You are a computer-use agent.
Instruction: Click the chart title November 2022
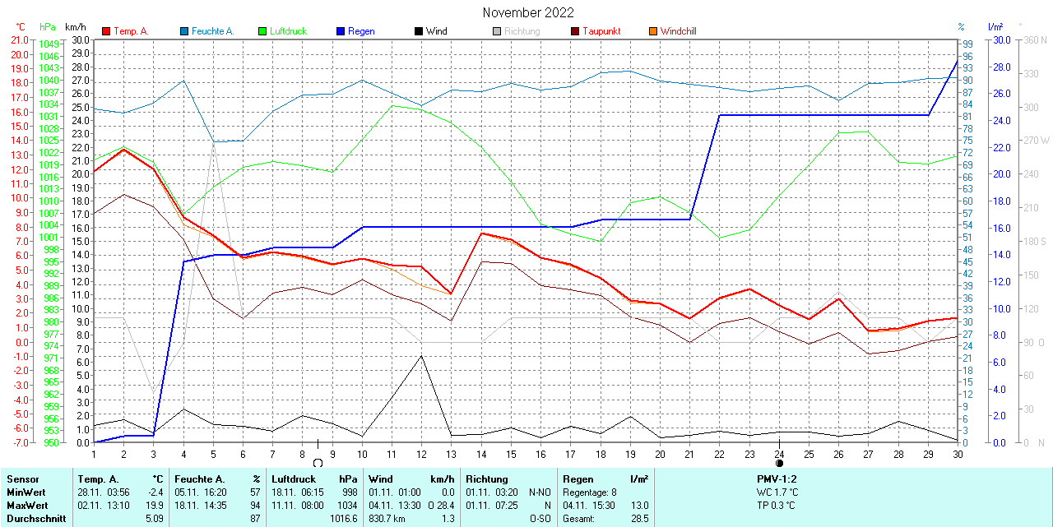(528, 12)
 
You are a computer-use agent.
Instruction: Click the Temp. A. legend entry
(130, 31)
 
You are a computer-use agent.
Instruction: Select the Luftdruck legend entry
(287, 31)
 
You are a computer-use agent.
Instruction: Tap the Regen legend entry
(360, 31)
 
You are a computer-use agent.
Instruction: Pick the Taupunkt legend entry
(601, 31)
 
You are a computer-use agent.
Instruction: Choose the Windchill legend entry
(677, 31)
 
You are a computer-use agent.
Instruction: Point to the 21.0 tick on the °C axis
(18, 39)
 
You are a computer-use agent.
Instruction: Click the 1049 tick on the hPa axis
(49, 44)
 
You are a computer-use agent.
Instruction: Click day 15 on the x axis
(511, 454)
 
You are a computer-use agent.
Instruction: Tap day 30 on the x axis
(958, 454)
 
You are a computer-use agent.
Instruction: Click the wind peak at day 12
(421, 356)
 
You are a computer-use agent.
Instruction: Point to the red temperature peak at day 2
(123, 149)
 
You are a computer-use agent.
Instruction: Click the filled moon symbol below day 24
(779, 463)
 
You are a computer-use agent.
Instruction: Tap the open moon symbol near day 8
(318, 463)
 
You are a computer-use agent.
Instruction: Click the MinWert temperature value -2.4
(155, 492)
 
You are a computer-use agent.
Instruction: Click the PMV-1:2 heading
(777, 478)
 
